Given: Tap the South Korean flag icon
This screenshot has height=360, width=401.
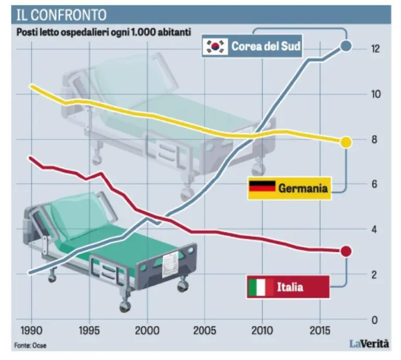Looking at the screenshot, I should click(x=215, y=46).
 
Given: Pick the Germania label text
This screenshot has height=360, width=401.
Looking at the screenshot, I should click(x=303, y=188).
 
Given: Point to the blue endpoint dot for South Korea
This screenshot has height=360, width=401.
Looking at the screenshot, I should click(x=346, y=47).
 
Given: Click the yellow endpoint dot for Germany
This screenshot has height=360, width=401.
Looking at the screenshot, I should click(x=346, y=142).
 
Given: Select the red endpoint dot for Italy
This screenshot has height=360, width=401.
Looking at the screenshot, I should click(x=345, y=251).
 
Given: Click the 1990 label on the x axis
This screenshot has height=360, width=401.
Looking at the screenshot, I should click(x=32, y=332).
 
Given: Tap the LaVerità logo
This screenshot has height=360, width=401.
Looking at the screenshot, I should click(x=369, y=344).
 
